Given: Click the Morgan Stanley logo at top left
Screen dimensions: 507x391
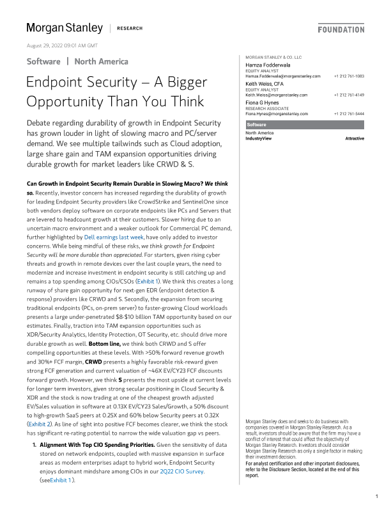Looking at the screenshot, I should click(64, 28).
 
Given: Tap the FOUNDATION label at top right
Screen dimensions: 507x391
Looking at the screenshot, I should click(341, 29).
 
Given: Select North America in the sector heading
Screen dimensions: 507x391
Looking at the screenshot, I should click(101, 61).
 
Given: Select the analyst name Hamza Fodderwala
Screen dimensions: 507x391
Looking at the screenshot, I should click(268, 66).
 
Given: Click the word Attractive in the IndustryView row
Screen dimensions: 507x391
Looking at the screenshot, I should click(355, 138).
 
